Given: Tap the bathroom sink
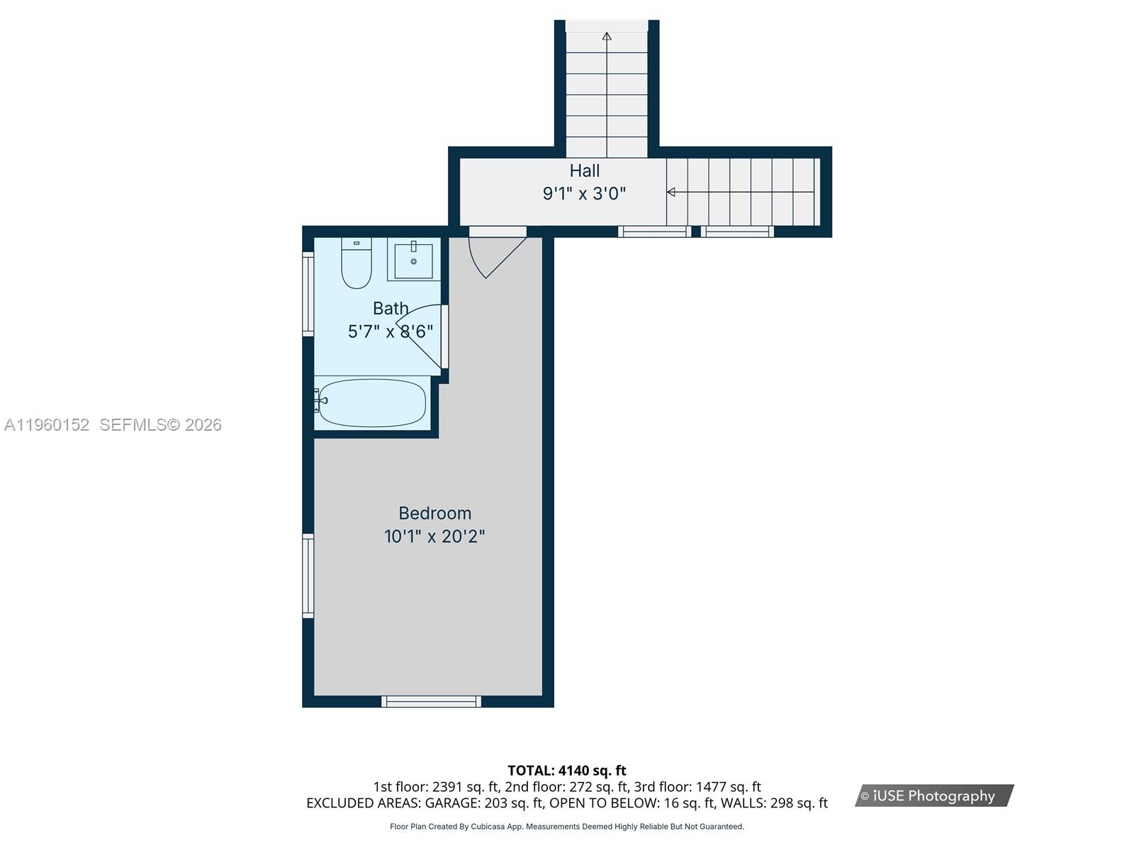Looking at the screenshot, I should tap(413, 261).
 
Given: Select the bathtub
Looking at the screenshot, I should tap(371, 403).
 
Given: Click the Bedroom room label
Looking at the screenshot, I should tap(434, 513).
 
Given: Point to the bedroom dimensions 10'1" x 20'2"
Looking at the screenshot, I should tap(434, 536).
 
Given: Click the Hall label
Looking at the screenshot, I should tap(584, 171).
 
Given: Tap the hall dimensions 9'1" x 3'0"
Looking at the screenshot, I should tap(584, 193).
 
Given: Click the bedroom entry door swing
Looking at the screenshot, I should tap(495, 255).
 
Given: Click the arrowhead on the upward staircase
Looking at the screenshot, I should tap(607, 36).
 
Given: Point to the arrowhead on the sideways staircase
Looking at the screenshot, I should tap(670, 192).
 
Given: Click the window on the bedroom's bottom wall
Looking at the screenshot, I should tap(431, 701).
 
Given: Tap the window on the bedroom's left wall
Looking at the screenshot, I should tap(308, 575).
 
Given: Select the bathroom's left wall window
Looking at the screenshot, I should tap(308, 293).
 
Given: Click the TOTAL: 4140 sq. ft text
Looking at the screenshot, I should tap(566, 770).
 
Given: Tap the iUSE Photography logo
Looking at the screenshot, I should tap(933, 795).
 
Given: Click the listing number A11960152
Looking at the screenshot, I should tap(47, 425).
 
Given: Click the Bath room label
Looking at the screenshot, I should tap(391, 308).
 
